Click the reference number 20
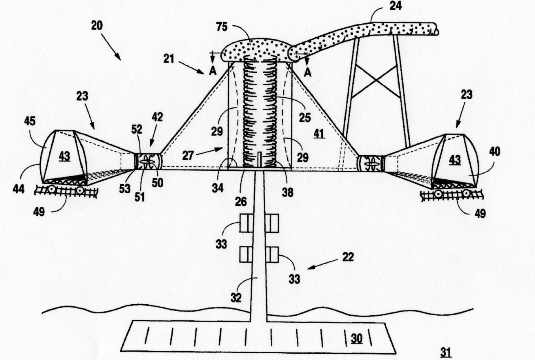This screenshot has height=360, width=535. (x=97, y=26)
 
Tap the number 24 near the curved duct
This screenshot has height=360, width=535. (x=396, y=6)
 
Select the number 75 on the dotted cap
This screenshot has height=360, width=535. (x=222, y=27)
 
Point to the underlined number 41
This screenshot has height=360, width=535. (x=319, y=134)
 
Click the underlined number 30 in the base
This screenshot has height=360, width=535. (x=356, y=339)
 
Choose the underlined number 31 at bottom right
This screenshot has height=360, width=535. (x=446, y=352)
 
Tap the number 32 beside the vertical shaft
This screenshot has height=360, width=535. (x=236, y=298)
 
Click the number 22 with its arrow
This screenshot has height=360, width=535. (x=348, y=257)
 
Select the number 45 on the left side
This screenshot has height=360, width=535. (x=30, y=121)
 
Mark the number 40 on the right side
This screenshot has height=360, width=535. (x=494, y=152)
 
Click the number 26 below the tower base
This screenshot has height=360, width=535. (x=241, y=202)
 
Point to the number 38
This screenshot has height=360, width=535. (x=287, y=192)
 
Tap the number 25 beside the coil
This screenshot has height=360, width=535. (x=305, y=117)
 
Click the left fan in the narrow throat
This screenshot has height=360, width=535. (x=148, y=162)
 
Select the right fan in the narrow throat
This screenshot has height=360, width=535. (x=371, y=164)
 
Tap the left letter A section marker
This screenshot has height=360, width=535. (x=213, y=71)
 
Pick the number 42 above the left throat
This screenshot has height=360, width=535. (x=157, y=117)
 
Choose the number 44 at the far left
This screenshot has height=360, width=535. (x=19, y=189)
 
